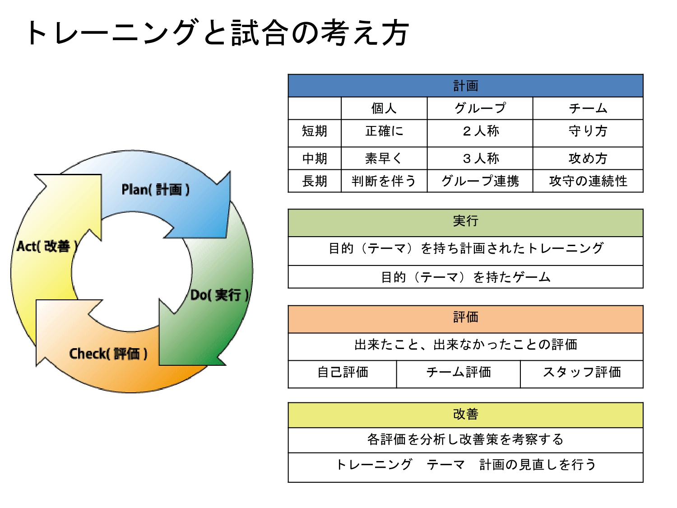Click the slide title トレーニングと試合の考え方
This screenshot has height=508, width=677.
(x=218, y=33)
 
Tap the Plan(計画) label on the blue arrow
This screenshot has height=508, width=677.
(x=155, y=189)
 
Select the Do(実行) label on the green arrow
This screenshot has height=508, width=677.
(x=219, y=295)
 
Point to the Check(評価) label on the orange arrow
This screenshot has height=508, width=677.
(x=108, y=354)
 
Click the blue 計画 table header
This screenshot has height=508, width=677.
(x=465, y=86)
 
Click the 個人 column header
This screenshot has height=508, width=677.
(x=384, y=108)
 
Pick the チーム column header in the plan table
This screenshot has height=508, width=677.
(x=588, y=108)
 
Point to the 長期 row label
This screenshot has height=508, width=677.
(x=315, y=181)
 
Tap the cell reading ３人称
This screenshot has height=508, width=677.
(x=480, y=158)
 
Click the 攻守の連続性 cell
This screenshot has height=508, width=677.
(x=588, y=181)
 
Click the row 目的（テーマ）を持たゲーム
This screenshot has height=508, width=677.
(x=465, y=277)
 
